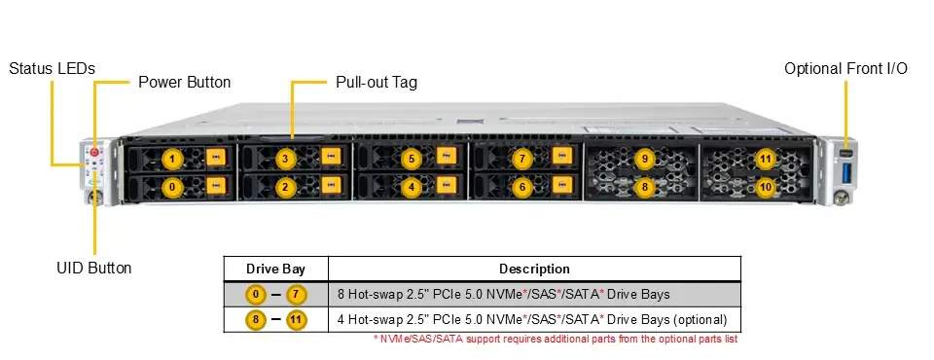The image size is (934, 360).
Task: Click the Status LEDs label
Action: coord(52,68)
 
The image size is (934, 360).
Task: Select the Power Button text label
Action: coord(185,83)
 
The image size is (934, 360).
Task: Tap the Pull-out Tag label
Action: coord(377,83)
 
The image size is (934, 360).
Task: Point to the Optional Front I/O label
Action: coord(845,68)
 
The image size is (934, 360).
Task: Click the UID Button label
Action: coord(94,268)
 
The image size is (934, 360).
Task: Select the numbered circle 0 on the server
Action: coord(172,187)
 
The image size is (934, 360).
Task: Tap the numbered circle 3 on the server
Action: coord(285,160)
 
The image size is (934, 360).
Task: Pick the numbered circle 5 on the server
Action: coord(411,160)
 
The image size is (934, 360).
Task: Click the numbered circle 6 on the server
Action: coord(522,187)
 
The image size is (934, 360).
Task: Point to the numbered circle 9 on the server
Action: coord(644,160)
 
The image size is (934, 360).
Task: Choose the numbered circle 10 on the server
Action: coord(766,187)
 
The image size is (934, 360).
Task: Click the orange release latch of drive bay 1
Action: coord(216,157)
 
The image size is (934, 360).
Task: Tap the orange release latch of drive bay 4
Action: coord(447,185)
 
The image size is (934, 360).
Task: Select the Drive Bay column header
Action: coord(275,270)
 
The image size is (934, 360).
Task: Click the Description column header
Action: coord(534,270)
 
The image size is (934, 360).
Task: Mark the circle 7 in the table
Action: coord(296,295)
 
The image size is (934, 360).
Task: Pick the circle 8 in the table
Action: coord(256,320)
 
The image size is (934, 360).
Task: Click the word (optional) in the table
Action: coord(700,319)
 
